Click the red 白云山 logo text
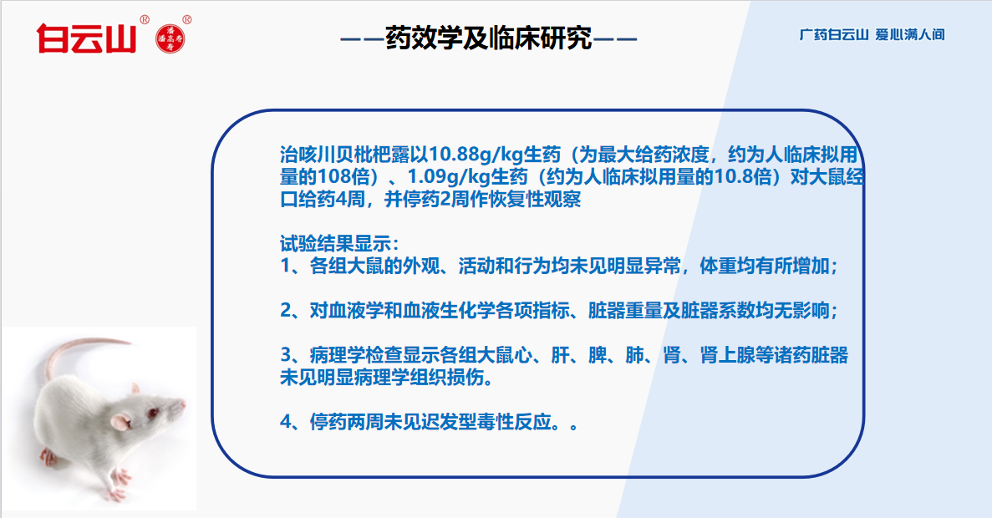pos(86,38)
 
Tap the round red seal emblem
pos(170,39)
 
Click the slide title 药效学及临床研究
pos(488,38)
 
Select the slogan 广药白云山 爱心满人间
pos(872,35)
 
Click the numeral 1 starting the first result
pos(285,267)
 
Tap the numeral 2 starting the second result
pos(286,311)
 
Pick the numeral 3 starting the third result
pos(286,355)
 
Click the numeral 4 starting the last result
pos(286,422)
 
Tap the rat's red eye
pos(152,414)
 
